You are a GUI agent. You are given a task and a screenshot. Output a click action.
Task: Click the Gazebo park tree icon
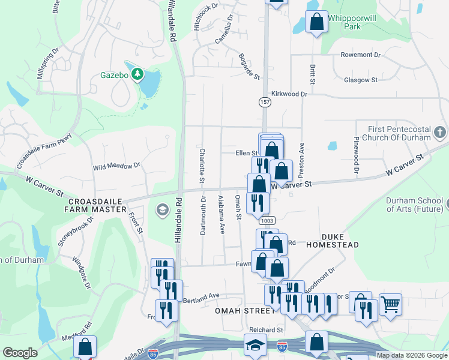[138, 74]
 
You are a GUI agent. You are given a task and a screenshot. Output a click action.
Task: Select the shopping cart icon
[391, 305]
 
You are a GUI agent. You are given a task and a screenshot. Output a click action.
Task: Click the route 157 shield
[265, 103]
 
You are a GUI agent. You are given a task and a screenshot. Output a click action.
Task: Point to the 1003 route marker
[268, 221]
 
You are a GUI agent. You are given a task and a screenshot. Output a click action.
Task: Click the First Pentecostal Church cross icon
[439, 132]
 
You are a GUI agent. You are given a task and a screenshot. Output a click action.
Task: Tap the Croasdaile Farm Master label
[97, 205]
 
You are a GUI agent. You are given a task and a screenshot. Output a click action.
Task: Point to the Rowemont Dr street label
[361, 55]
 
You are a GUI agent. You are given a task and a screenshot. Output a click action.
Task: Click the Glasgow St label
[360, 80]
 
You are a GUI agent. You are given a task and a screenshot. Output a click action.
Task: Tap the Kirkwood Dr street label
[289, 94]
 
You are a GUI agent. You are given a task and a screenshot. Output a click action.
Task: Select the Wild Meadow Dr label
[116, 165]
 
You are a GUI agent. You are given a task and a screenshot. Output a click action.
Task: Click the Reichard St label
[267, 330]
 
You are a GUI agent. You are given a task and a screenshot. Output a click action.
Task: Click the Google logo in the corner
[20, 353]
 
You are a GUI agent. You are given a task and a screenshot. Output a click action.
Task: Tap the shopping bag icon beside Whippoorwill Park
[316, 22]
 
